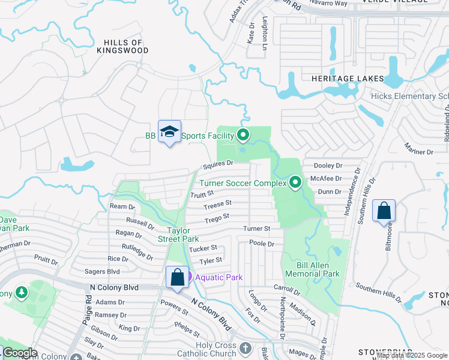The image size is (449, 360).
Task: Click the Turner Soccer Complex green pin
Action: pyautogui.click(x=295, y=182)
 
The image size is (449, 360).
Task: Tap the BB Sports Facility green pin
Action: pyautogui.click(x=243, y=135)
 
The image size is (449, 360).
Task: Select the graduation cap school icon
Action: pyautogui.click(x=169, y=132)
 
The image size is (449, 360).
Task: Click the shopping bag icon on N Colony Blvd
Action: pyautogui.click(x=177, y=277)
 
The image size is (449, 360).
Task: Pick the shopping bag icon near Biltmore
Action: pyautogui.click(x=384, y=212)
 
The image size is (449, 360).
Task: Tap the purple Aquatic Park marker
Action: pyautogui.click(x=189, y=277)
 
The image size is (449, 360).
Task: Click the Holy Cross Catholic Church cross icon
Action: pyautogui.click(x=245, y=348)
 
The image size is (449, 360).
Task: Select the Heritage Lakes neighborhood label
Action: pyautogui.click(x=347, y=79)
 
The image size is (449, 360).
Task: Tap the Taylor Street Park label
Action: pyautogui.click(x=182, y=235)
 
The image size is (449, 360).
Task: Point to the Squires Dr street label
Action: pyautogui.click(x=217, y=164)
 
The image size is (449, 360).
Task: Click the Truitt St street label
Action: pyautogui.click(x=202, y=194)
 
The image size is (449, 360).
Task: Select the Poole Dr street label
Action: pyautogui.click(x=262, y=244)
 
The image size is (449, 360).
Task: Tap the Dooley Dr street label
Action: pyautogui.click(x=328, y=165)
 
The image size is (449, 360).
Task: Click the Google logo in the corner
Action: pyautogui.click(x=20, y=353)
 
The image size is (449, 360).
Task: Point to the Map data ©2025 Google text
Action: pyautogui.click(x=412, y=355)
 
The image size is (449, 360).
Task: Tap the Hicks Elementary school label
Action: pyautogui.click(x=409, y=97)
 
